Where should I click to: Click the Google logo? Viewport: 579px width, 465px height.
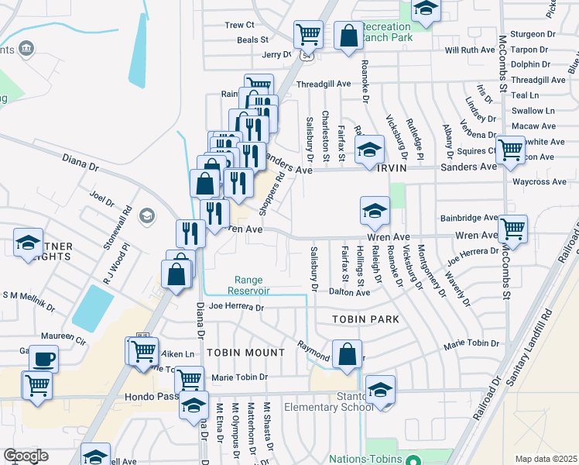point(26,456)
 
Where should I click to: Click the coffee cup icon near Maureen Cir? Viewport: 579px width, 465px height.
point(43,359)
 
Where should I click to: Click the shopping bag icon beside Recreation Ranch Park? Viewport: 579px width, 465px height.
point(348,35)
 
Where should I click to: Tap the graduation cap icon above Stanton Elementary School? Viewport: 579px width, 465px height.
point(380,389)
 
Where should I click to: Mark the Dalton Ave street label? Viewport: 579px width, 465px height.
point(349,293)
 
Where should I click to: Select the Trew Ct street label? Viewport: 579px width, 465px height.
point(240,25)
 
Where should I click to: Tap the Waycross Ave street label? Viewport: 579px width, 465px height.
point(540,182)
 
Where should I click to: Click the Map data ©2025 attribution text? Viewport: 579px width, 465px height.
point(545,459)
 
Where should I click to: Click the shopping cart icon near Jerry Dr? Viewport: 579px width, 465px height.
point(307,33)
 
